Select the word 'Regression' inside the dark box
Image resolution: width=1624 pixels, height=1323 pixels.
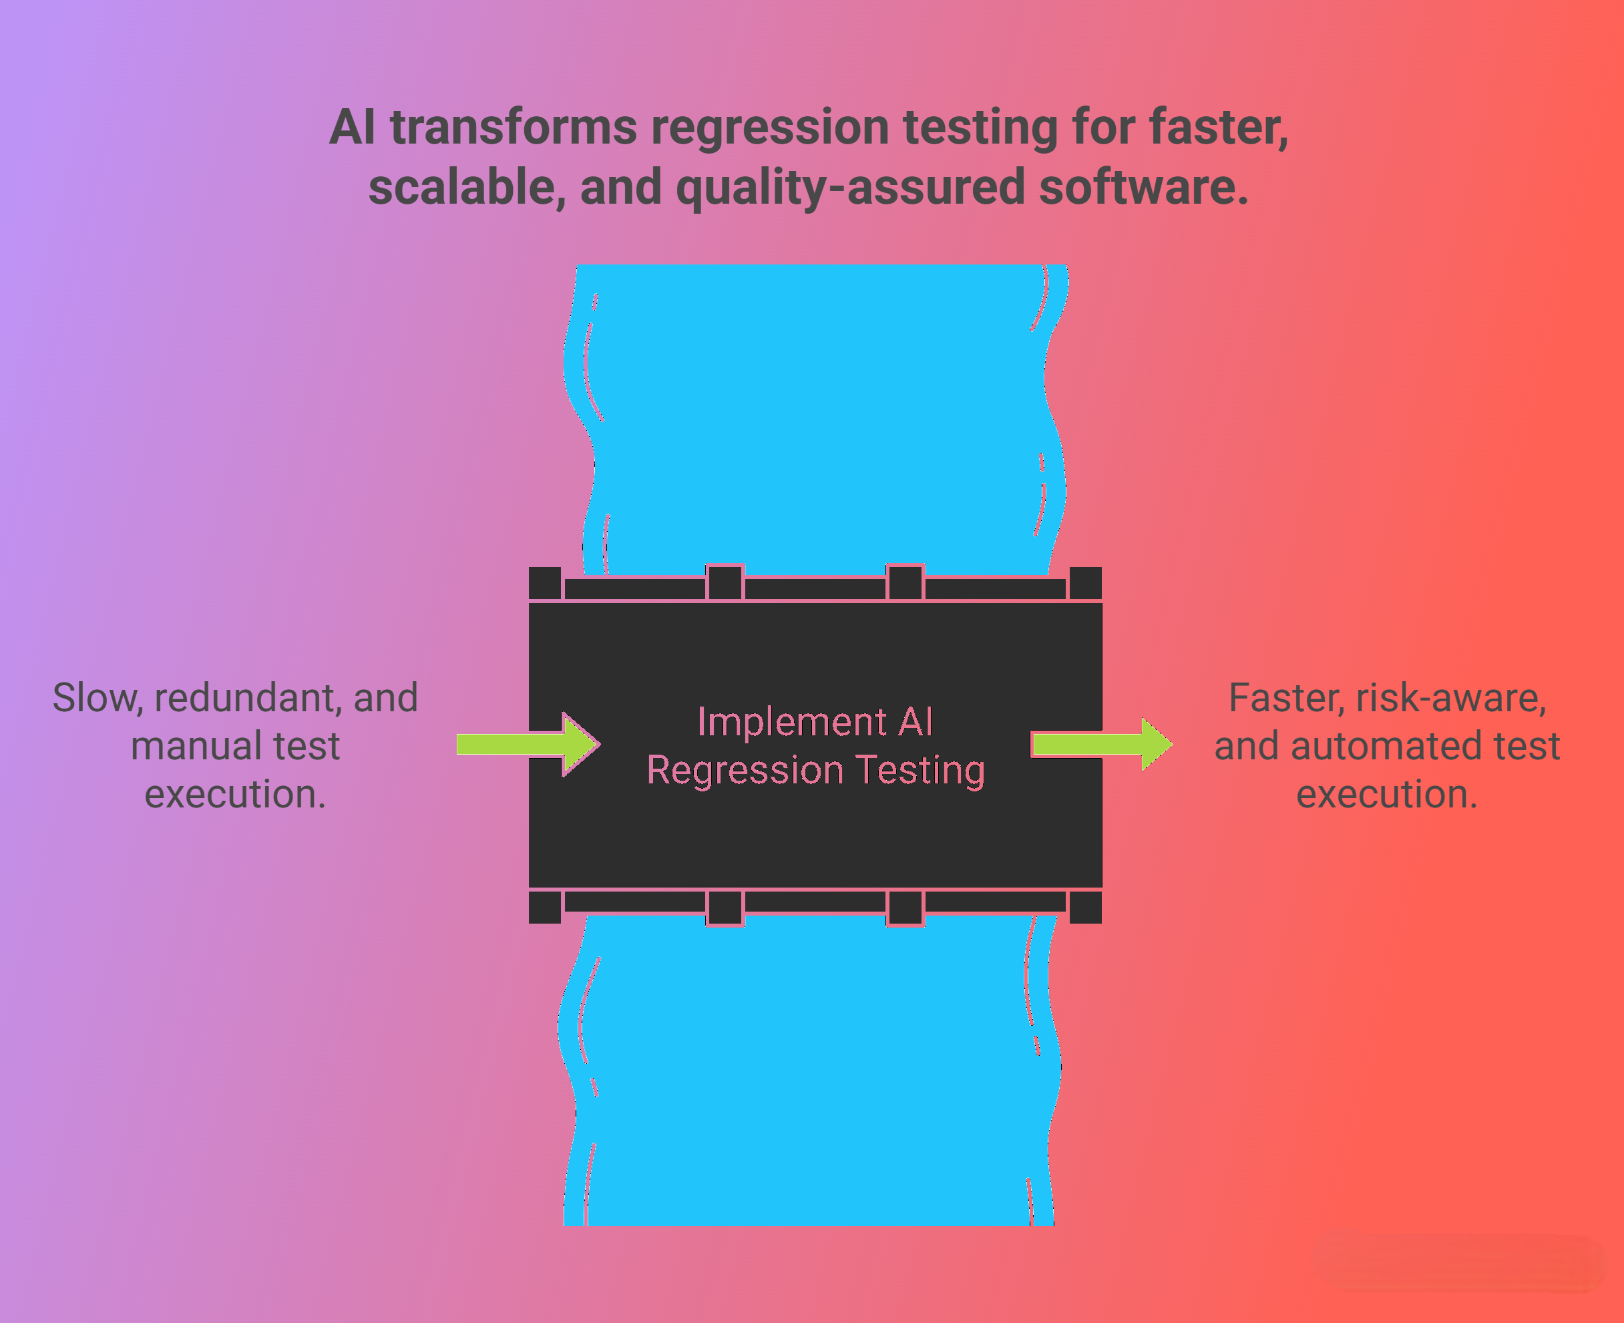tap(745, 770)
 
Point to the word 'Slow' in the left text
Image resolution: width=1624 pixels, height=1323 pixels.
tap(96, 697)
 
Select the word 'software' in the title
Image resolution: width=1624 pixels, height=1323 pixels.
tap(1143, 188)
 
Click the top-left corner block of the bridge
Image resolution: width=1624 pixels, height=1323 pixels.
tap(544, 583)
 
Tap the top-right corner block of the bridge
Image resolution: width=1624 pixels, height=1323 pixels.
tap(1085, 583)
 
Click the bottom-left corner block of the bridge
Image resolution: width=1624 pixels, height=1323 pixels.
tap(544, 907)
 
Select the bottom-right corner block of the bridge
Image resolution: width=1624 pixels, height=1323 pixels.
tap(1085, 907)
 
